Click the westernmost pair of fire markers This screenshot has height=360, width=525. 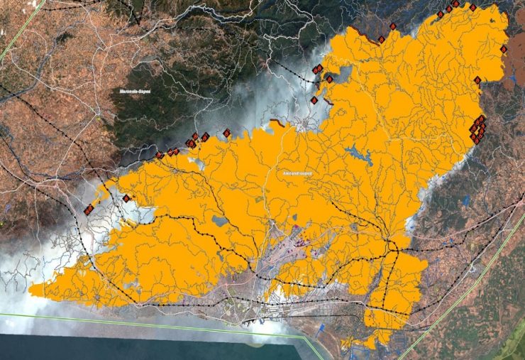click(89, 209)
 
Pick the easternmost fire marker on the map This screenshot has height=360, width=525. click(503, 50)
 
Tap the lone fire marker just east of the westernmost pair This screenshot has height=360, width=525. click(126, 198)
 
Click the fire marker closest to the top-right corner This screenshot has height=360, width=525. click(472, 7)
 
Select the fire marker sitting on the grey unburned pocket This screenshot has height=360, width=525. click(329, 79)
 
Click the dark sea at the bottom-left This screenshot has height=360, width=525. click(106, 344)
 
